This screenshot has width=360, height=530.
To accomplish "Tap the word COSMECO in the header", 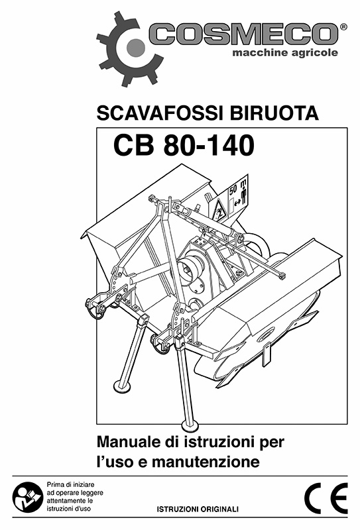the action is point(243,34).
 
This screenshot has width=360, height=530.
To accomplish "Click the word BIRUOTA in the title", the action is point(274,113).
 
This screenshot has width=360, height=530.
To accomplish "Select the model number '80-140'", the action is point(208,145).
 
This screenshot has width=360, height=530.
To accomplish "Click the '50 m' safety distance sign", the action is point(238,194).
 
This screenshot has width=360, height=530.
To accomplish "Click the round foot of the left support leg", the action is point(123,386).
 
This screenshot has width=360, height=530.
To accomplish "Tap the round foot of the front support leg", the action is point(190,425).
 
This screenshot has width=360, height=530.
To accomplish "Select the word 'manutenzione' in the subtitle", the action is point(206,462).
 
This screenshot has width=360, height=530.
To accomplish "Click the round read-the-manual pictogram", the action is point(27,497).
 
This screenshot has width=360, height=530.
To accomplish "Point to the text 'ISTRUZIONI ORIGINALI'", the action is point(198,509).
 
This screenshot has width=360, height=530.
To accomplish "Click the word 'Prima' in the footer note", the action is point(54,485).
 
